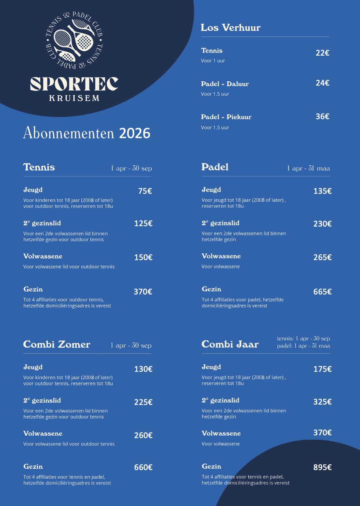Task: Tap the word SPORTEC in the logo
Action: pos(74,84)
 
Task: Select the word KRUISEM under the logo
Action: pos(74,98)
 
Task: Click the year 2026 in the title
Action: pos(135,133)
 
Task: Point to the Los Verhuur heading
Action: pos(231,28)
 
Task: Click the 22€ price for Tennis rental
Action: pos(322,53)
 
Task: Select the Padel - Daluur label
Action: pos(225,84)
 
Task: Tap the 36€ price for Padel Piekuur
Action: pos(322,116)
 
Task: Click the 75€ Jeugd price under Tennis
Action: pos(145,191)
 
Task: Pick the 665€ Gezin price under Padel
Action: pos(322,292)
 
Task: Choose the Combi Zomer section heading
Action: pos(56,345)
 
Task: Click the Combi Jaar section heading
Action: pos(230,345)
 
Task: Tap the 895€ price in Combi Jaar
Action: pos(322,467)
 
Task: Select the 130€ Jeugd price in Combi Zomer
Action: pos(143,369)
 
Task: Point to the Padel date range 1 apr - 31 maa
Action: pos(308,169)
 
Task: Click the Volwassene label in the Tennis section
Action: pos(43,257)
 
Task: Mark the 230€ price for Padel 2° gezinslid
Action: pos(322,224)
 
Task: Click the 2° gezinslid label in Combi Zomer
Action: pos(42,401)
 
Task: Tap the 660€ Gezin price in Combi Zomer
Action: pos(143,467)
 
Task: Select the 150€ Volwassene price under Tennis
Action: pos(143,257)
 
